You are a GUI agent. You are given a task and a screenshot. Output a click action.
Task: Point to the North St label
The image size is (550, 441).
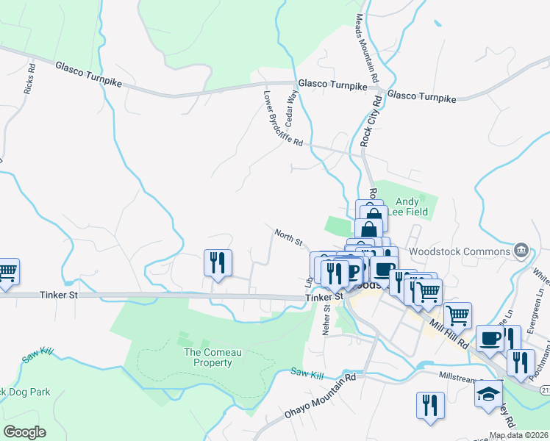pos(289,236)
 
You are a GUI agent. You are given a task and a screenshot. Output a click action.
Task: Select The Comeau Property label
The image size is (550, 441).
pos(212,357)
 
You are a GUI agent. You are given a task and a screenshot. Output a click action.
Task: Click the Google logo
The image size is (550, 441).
pos(24,432)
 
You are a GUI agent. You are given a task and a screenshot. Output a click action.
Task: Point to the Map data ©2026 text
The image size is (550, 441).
pos(518,435)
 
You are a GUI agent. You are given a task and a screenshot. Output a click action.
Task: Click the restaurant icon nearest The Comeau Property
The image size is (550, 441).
pos(218,264)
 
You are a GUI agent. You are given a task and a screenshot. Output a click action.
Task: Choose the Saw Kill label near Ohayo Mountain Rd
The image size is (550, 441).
pos(307,375)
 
